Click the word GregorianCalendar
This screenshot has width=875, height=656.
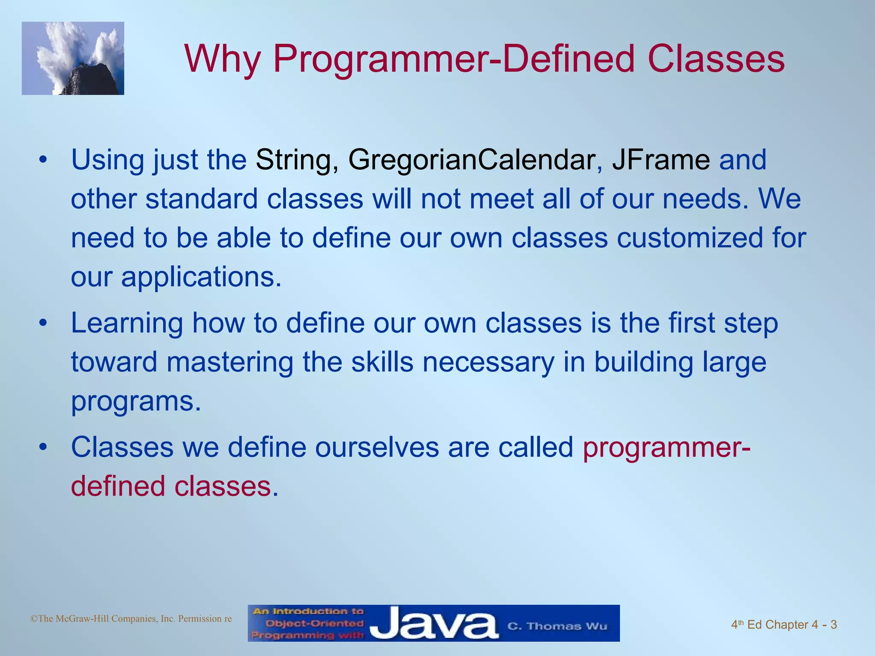(472, 160)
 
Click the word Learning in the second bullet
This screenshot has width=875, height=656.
(127, 323)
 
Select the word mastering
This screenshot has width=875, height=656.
(230, 362)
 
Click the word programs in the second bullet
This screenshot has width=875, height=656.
(135, 401)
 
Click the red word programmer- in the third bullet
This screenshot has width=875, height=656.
(667, 447)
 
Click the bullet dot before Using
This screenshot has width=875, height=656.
(42, 161)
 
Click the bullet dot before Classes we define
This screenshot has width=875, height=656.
(42, 448)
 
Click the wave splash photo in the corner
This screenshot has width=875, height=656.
(73, 58)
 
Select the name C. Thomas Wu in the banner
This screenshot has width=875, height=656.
(557, 627)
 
